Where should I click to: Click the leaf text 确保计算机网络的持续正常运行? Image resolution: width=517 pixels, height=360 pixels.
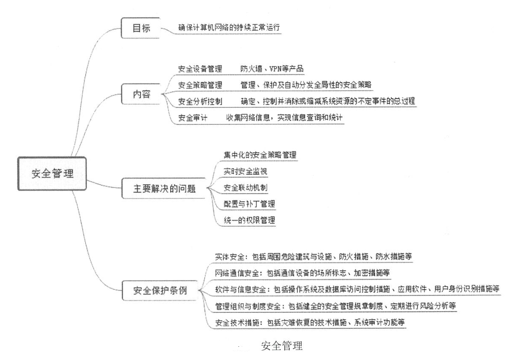[x=229, y=28]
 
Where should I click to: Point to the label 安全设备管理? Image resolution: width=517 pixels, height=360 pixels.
[x=200, y=69]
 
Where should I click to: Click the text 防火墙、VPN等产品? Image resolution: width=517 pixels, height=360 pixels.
[x=271, y=69]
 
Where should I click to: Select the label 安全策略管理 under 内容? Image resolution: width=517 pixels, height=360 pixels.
[x=200, y=85]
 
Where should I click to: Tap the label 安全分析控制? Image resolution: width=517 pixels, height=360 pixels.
[x=200, y=101]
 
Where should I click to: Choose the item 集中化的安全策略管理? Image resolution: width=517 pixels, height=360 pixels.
[x=260, y=155]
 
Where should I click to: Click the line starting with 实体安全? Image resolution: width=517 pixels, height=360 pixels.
[x=314, y=257]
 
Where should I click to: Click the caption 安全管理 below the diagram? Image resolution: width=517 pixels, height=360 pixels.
[x=281, y=346]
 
